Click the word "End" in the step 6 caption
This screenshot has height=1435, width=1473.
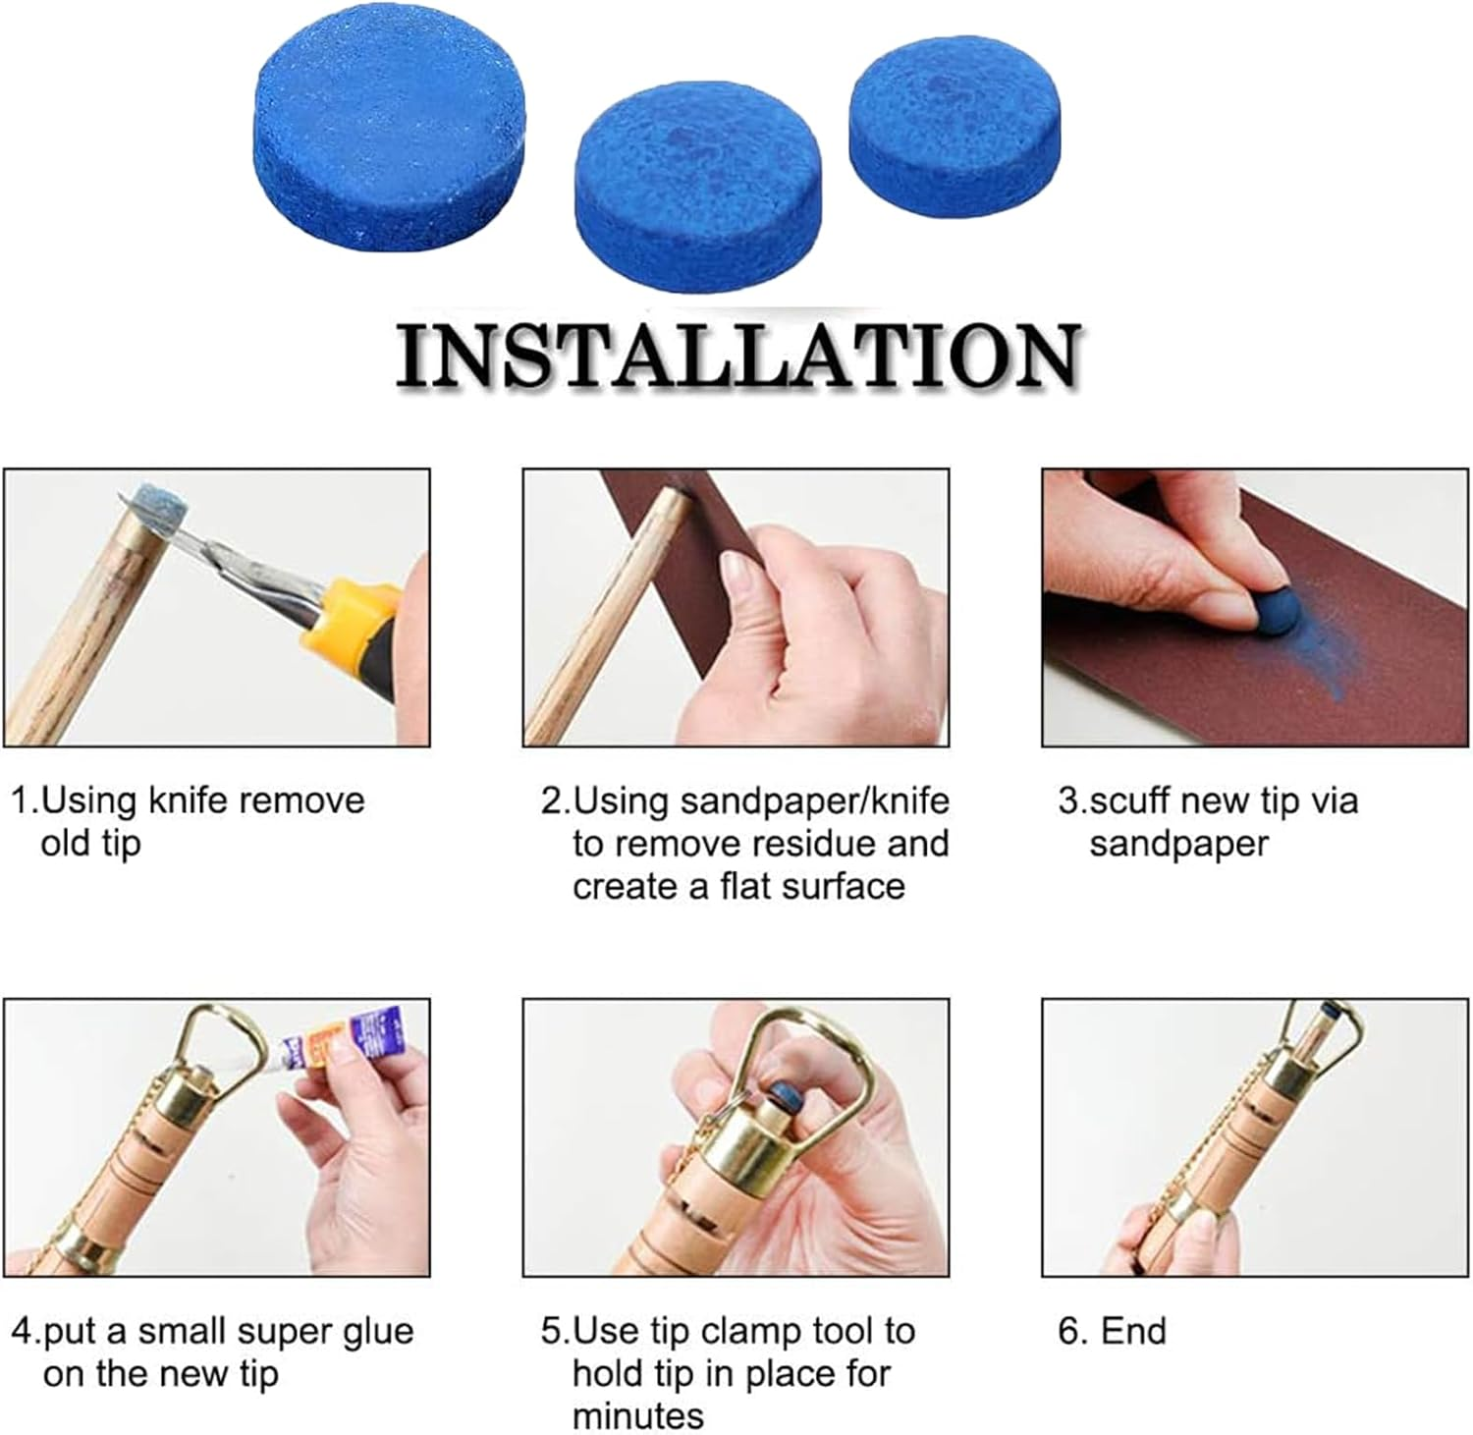point(1133,1332)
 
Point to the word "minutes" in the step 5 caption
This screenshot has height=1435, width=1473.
point(638,1415)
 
